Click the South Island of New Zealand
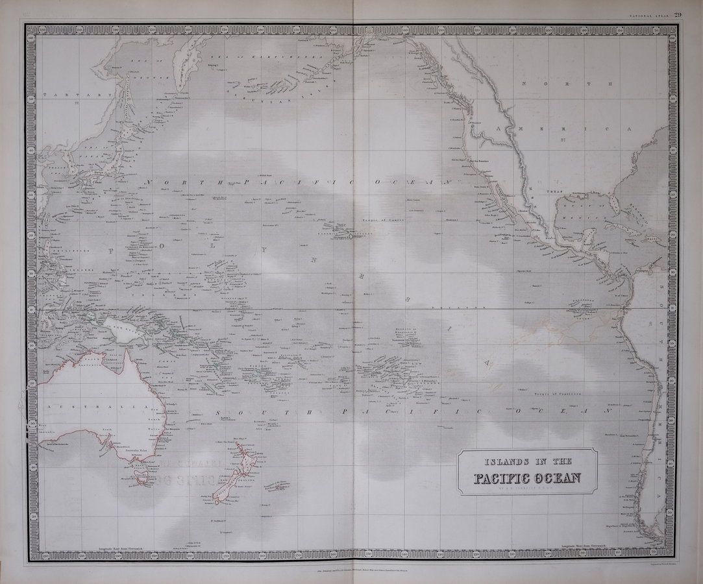[225, 495]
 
